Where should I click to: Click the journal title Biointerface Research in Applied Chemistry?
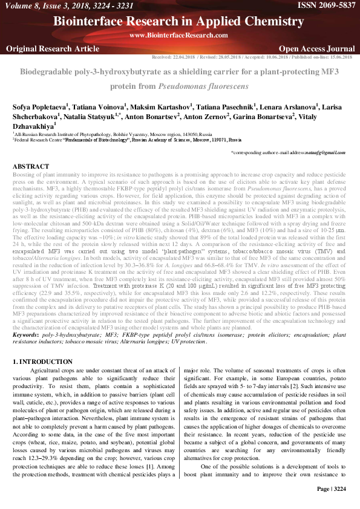179,22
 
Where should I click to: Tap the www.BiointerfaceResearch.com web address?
179,35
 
